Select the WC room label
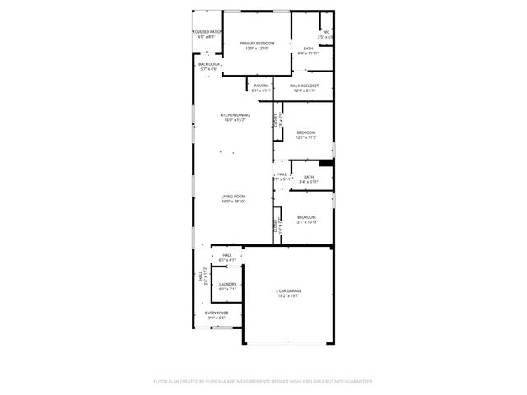tap(326, 32)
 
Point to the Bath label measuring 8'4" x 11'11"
tap(307, 49)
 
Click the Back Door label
tap(209, 64)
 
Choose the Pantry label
tap(261, 86)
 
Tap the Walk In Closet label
tap(305, 86)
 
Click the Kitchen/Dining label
tap(235, 114)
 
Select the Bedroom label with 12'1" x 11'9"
tap(306, 132)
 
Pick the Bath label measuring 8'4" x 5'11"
tap(307, 177)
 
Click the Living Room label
tap(233, 197)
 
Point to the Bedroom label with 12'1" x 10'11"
tap(306, 217)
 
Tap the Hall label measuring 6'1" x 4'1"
tap(227, 256)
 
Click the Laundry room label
tap(227, 285)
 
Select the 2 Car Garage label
tap(287, 290)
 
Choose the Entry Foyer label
tap(217, 314)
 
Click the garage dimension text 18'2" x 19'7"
tap(287, 296)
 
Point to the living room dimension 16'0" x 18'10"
tap(233, 202)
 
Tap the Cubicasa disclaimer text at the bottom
tap(263, 382)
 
